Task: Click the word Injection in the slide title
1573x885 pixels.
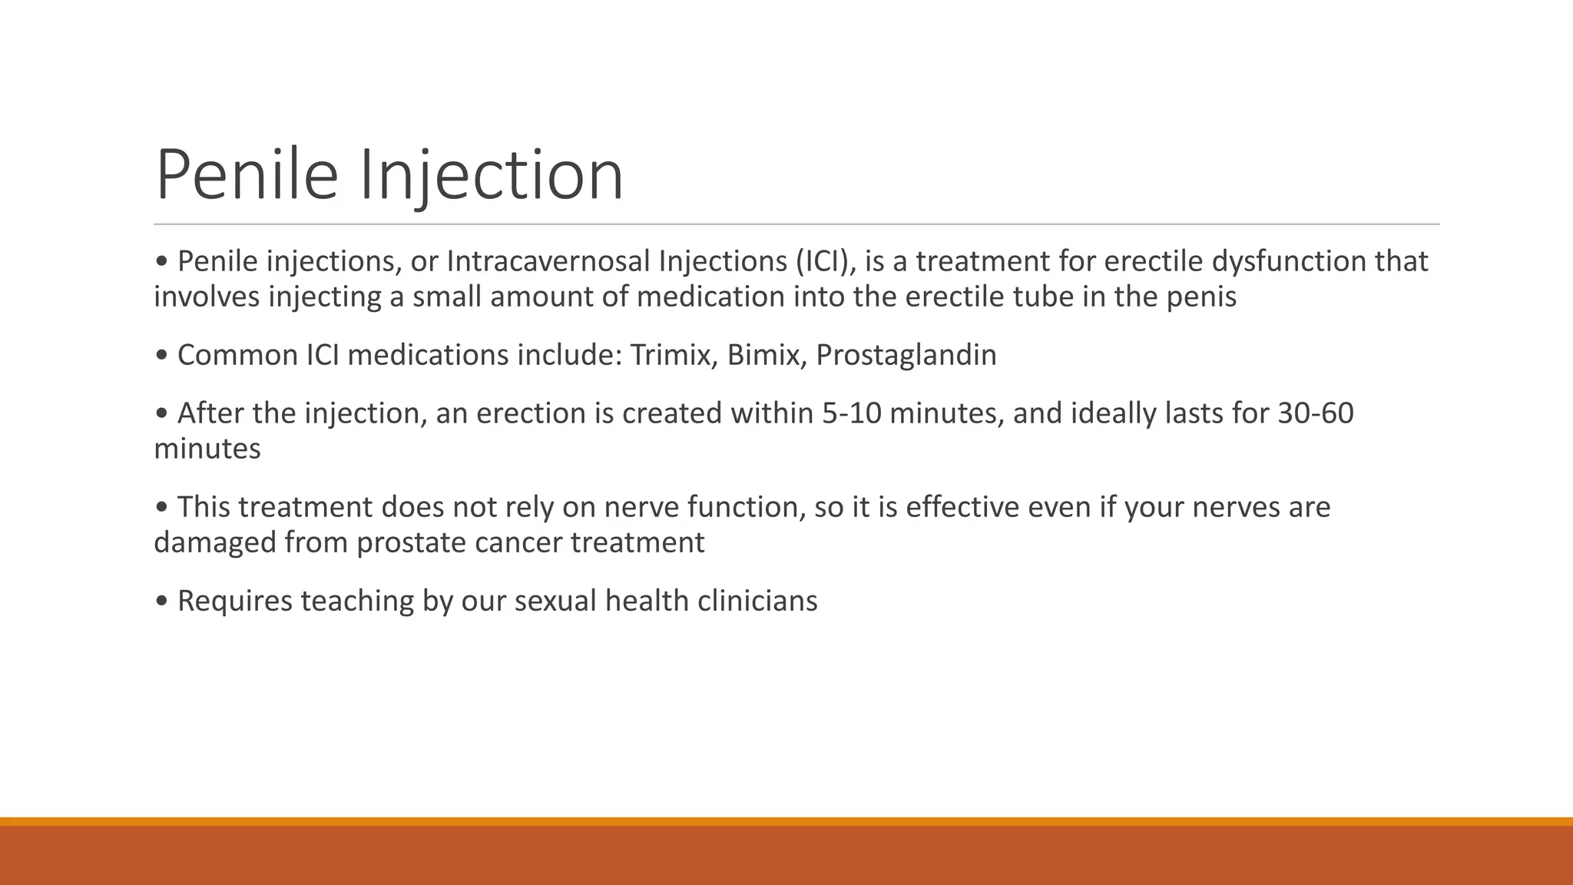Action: [492, 175]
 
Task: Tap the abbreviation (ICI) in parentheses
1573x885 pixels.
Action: [823, 261]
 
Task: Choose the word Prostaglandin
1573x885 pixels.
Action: [906, 355]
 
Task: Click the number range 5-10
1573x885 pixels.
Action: [851, 413]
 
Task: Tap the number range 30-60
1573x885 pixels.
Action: [1316, 413]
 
